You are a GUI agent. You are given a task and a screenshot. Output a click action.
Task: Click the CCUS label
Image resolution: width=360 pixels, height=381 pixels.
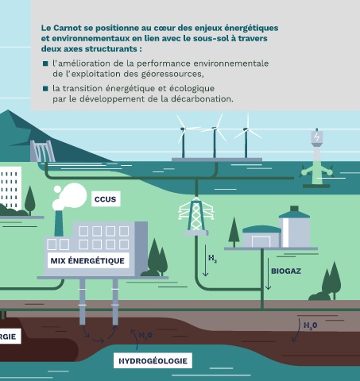coord(106,199)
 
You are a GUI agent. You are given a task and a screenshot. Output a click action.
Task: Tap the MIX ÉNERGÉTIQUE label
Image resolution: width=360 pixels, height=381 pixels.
coord(88,260)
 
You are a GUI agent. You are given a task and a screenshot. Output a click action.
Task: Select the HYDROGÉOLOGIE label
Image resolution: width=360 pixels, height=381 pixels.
coord(153,360)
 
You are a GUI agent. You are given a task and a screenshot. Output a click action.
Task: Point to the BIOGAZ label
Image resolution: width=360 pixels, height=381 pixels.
coord(286,271)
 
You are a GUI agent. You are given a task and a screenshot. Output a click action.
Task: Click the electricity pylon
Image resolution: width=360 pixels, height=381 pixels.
coord(196,216)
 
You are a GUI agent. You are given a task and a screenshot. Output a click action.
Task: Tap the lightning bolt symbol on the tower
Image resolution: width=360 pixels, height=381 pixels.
coord(316,137)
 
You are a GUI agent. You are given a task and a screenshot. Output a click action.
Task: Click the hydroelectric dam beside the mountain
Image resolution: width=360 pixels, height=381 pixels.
coord(42,151)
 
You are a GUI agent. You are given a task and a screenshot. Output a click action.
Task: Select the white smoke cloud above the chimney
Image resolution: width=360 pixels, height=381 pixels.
coord(69,197)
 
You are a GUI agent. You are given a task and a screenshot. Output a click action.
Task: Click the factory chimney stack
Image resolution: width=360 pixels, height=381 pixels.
coord(59,223)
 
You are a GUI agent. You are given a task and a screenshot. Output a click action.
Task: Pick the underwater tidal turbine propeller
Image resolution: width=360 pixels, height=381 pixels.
coord(316,172)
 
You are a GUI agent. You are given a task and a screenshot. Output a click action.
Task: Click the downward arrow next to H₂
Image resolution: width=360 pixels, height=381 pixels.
coord(205,260)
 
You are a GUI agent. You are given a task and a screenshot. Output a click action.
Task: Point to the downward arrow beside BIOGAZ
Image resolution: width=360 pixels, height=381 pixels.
coord(268,274)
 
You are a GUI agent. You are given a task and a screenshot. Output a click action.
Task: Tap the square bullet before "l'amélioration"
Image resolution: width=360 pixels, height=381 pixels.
coord(45,63)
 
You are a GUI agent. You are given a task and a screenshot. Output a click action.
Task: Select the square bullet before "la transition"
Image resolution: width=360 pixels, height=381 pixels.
coord(45,88)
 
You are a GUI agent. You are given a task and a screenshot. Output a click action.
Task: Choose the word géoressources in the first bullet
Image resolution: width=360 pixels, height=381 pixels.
coord(172,74)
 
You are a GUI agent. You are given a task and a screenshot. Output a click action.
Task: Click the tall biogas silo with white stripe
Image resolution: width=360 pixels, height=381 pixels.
coord(294,227)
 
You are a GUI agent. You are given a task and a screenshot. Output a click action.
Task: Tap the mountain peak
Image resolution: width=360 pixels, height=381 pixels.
coord(8,110)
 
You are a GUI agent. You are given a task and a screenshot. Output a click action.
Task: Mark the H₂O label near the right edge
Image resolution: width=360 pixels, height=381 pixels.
coord(310,325)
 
